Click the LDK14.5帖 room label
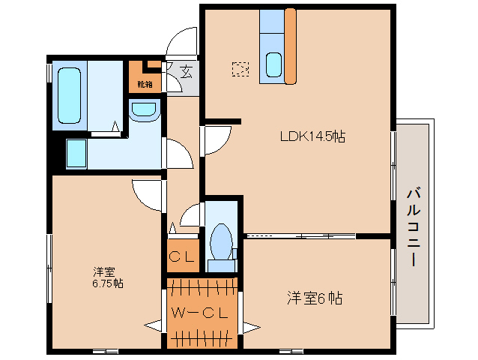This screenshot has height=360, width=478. (312, 136)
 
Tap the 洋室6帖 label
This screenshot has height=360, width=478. (315, 298)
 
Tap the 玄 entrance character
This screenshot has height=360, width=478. (185, 71)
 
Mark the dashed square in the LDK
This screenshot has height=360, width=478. (240, 69)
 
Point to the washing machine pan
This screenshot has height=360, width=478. (76, 154)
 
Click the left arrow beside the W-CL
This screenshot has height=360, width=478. (154, 325)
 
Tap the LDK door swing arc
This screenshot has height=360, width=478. (217, 139)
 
